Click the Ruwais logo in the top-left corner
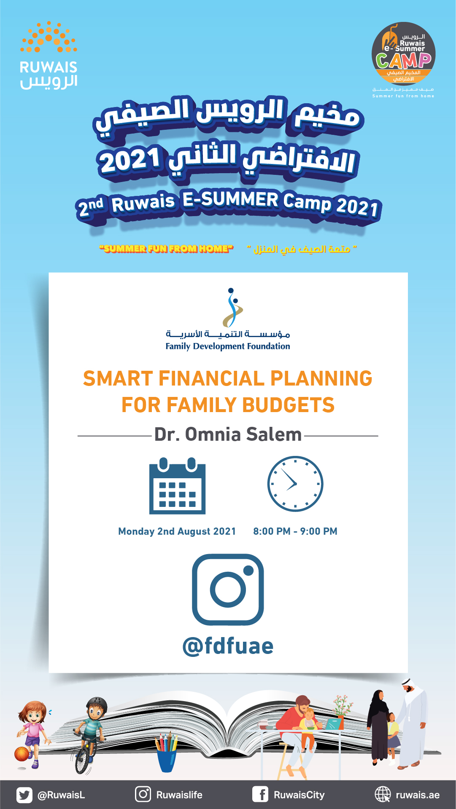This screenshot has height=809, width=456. (x=49, y=55)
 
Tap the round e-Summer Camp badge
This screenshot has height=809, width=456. (x=403, y=54)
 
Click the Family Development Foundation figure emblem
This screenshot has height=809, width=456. (x=232, y=308)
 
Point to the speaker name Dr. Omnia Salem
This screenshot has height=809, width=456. (x=228, y=434)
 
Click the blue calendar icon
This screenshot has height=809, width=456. (x=177, y=486)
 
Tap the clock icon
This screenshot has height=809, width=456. (x=295, y=484)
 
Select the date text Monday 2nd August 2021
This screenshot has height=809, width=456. (x=177, y=531)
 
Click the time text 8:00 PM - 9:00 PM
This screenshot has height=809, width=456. (x=295, y=531)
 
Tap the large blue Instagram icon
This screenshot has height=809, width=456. (x=228, y=589)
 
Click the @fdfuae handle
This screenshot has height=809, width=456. (x=228, y=646)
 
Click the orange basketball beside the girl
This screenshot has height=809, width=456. (x=21, y=754)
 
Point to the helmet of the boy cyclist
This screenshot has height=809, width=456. (x=97, y=704)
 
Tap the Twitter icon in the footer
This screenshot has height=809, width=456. (x=24, y=795)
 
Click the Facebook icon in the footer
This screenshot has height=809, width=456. (x=260, y=795)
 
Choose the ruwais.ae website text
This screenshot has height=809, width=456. (x=418, y=795)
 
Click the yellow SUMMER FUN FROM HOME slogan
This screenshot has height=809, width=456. (x=166, y=249)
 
